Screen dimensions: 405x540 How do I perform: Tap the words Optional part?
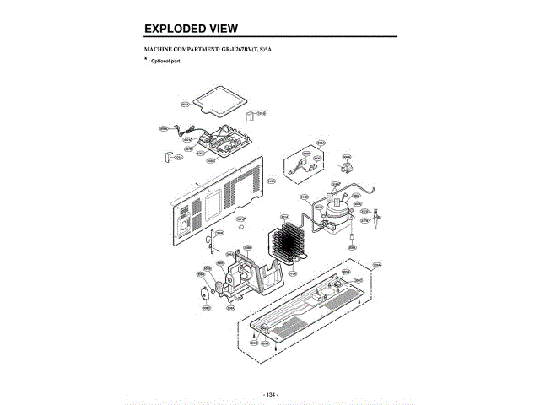point(165,62)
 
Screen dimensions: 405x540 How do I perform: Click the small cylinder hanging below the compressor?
point(349,240)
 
